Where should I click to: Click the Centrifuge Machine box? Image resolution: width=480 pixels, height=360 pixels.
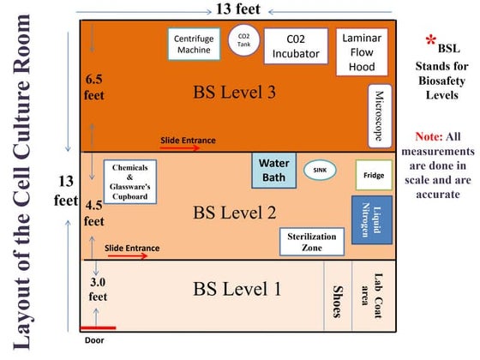(x=194, y=45)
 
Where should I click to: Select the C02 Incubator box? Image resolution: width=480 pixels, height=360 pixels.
(x=297, y=46)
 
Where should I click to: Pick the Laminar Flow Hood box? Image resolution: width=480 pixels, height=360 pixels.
(x=362, y=51)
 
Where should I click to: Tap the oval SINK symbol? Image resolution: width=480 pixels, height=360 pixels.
(x=320, y=171)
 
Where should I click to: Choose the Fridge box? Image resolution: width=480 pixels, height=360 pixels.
(x=373, y=176)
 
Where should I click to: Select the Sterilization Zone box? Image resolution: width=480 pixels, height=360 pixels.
(x=310, y=242)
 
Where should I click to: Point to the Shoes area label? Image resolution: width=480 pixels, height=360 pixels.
(x=337, y=294)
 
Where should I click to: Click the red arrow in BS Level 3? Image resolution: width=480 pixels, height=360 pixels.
(x=179, y=147)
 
